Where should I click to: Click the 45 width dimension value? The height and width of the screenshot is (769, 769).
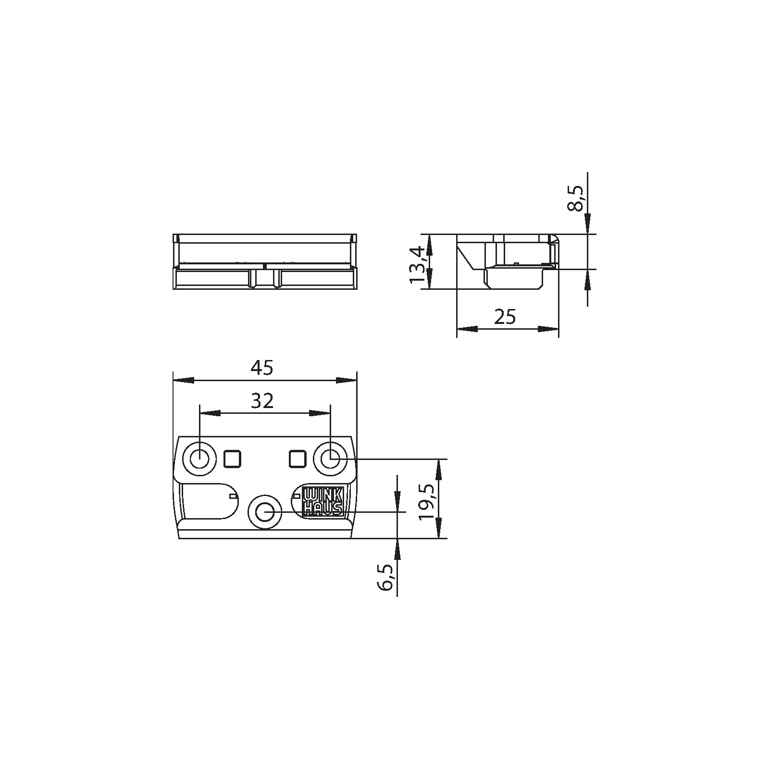coord(262,368)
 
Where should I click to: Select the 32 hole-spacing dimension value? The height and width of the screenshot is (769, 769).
coord(262,400)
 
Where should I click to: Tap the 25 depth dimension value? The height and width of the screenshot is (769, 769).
coord(505,317)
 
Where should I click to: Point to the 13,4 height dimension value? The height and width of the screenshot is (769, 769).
coord(416,264)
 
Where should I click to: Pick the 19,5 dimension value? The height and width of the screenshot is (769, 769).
coord(426,502)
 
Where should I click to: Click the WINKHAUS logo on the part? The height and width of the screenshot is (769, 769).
coord(322,502)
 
